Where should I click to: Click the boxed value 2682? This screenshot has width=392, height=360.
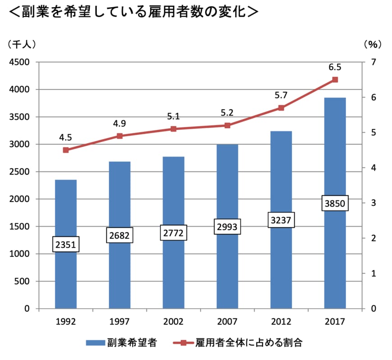click(120, 235)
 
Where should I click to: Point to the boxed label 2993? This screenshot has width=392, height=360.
click(228, 226)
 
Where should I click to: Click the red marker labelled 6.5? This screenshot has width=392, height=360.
click(335, 80)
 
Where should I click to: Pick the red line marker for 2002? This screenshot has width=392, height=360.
click(173, 129)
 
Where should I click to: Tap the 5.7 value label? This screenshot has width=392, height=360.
click(281, 95)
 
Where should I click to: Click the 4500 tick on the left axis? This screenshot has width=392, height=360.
click(19, 62)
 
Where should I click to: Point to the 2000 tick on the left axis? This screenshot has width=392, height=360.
click(19, 199)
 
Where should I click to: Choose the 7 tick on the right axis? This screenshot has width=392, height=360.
click(374, 62)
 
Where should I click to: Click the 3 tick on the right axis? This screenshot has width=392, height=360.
click(374, 203)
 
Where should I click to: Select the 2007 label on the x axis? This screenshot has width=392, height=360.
click(228, 322)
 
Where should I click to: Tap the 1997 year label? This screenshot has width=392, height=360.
click(120, 322)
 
